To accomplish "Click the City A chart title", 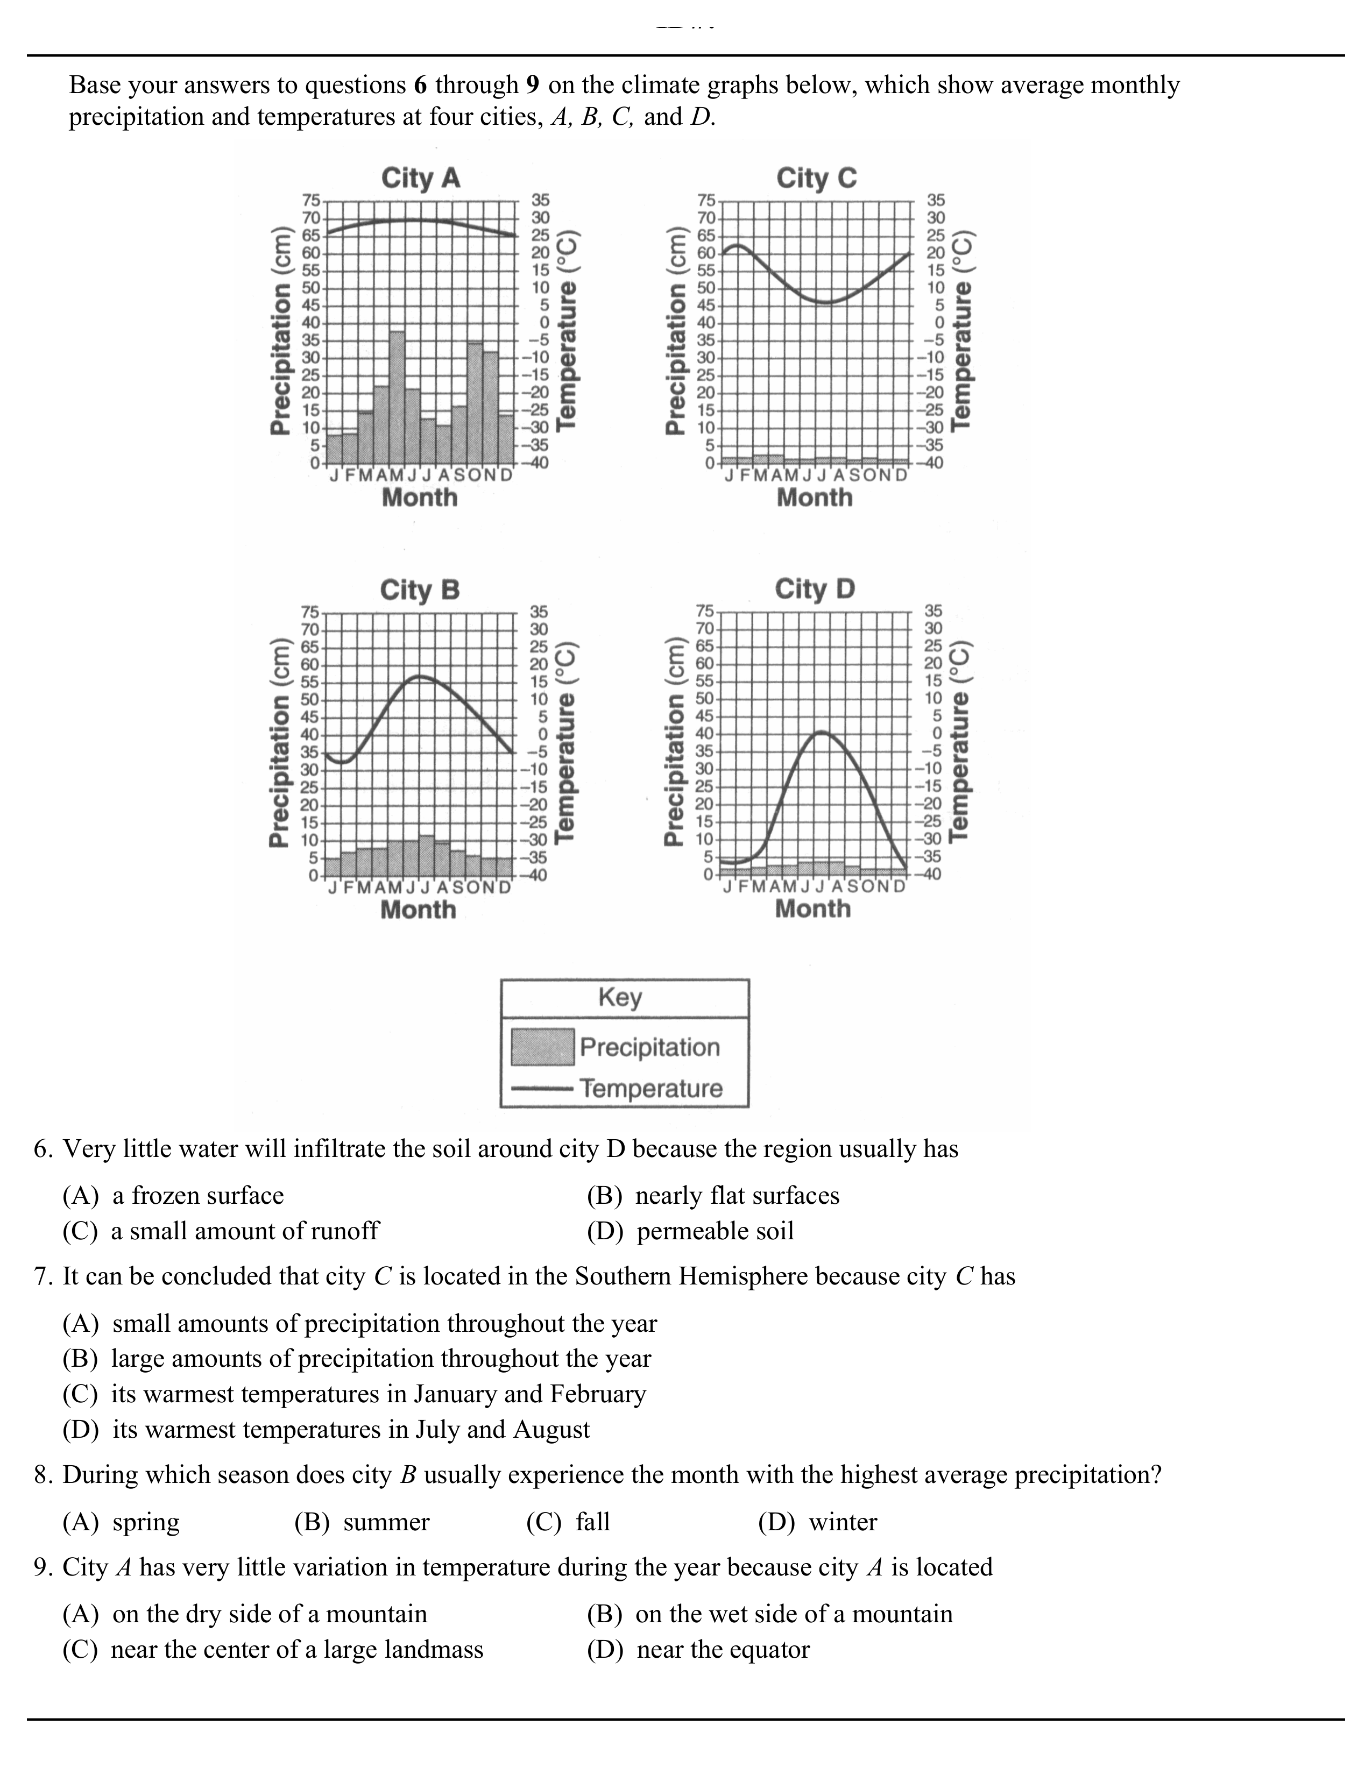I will [x=420, y=178].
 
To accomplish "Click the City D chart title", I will [x=815, y=588].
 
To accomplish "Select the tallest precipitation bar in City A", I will [x=397, y=396].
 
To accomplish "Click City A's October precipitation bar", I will [x=475, y=403].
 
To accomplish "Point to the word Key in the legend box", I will [x=620, y=997].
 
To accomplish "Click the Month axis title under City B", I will [x=418, y=910].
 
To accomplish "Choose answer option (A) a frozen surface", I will [x=173, y=1196].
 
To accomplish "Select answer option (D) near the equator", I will [x=698, y=1649].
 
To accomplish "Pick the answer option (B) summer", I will [x=362, y=1522].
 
